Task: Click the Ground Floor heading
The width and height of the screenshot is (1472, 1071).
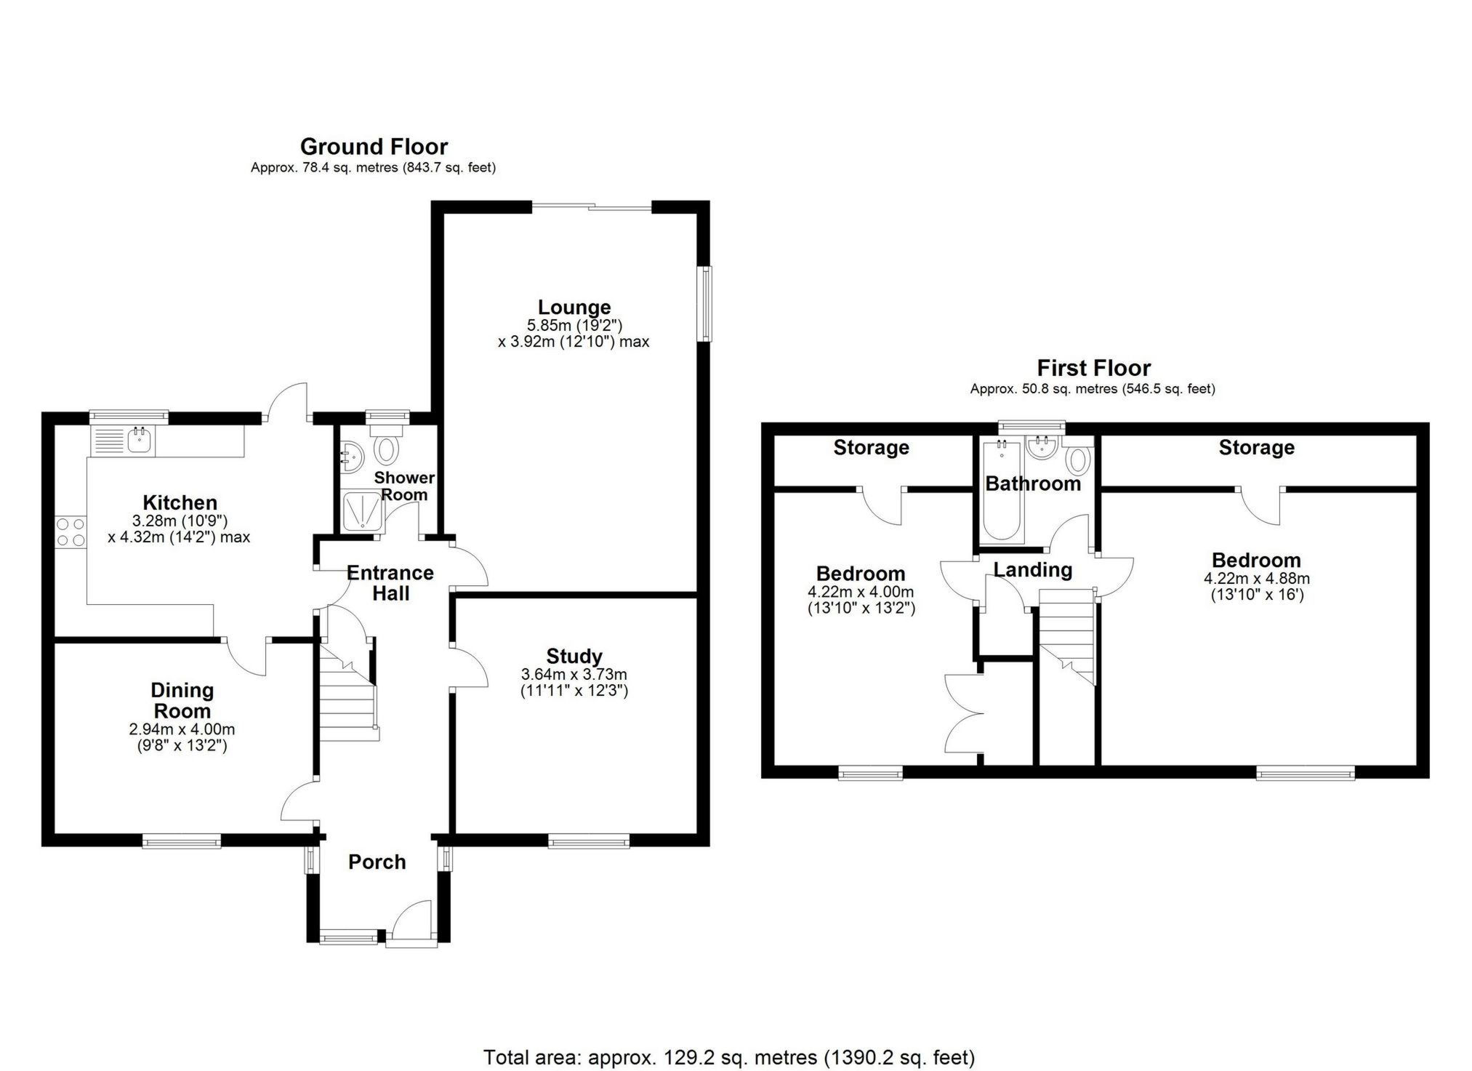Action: (x=374, y=147)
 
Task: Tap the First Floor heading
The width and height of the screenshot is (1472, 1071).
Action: (x=1093, y=368)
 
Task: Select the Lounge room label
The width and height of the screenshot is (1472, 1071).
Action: (x=574, y=308)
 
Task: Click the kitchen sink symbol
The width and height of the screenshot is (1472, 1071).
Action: (x=138, y=440)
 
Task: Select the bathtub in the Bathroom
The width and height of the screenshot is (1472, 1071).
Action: (x=1001, y=494)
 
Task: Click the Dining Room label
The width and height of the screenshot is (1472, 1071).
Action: (x=182, y=700)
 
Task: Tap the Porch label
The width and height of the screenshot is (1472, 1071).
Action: (x=377, y=862)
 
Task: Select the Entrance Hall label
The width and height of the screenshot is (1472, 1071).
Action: (x=390, y=583)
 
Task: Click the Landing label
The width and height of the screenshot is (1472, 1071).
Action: (x=1032, y=570)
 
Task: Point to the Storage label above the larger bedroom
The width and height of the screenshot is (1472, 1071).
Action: (x=1256, y=448)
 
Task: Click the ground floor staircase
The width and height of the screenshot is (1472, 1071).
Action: (x=347, y=698)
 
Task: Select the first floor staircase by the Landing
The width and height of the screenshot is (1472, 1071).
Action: (x=1066, y=633)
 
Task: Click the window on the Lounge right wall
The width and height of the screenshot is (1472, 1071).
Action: (x=706, y=303)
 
